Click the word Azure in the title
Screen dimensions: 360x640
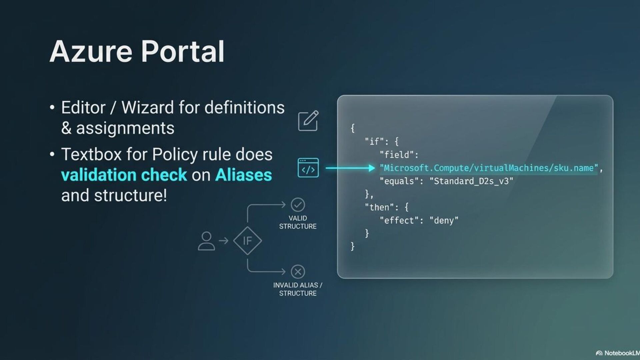click(x=91, y=52)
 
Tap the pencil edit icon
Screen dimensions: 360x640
click(x=308, y=121)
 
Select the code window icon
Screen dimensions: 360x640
click(x=308, y=168)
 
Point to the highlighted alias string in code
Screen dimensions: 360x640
click(x=489, y=168)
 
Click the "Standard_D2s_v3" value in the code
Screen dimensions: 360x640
click(x=471, y=181)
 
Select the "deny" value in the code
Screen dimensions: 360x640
click(x=444, y=221)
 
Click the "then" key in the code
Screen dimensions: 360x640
click(x=379, y=207)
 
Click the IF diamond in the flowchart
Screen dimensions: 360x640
click(x=247, y=241)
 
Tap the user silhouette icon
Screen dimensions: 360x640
click(x=206, y=241)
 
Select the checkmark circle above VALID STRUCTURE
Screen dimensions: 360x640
click(x=298, y=205)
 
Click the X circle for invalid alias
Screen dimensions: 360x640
click(x=298, y=272)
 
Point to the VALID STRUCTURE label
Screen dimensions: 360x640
click(x=298, y=222)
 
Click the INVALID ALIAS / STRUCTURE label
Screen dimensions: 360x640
click(x=298, y=289)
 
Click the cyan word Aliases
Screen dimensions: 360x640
click(x=243, y=175)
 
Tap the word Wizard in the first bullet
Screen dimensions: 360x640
click(x=147, y=108)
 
